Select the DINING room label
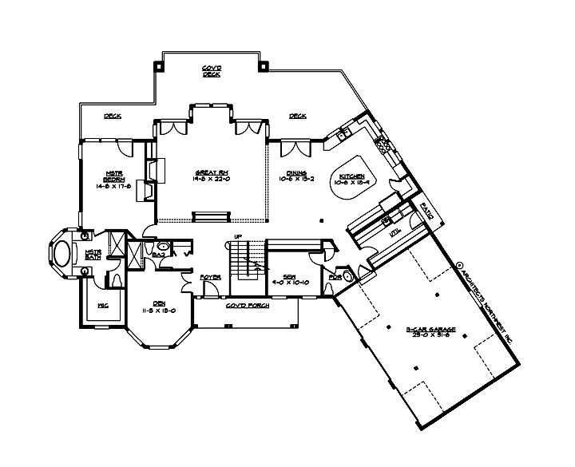[x=297, y=176]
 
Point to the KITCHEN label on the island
[x=351, y=179]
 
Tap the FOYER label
[x=210, y=277]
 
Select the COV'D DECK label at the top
[x=211, y=72]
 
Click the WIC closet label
[x=102, y=306]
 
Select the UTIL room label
[x=393, y=233]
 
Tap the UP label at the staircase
[x=238, y=236]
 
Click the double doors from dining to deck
[x=293, y=148]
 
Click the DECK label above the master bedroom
[x=112, y=117]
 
